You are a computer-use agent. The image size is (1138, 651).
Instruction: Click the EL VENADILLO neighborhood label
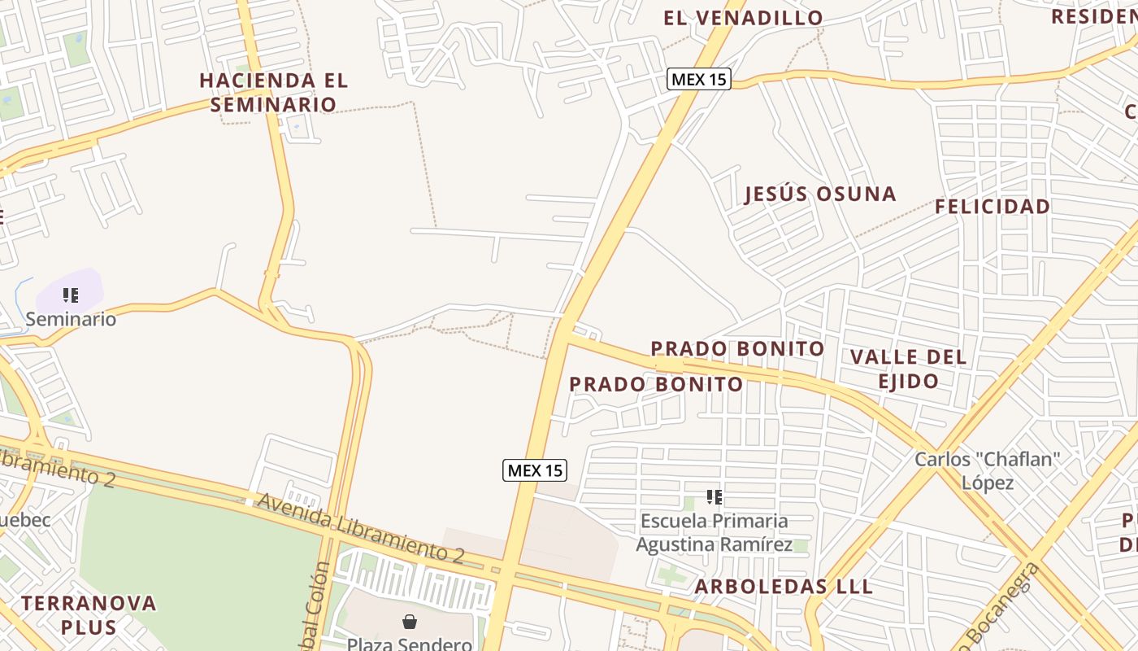pos(743,18)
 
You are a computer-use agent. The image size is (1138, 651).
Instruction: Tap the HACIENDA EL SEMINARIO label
pos(273,92)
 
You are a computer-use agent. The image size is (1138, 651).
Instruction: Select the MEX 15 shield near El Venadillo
pos(698,79)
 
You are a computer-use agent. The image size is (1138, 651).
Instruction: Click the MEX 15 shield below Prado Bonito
pos(534,470)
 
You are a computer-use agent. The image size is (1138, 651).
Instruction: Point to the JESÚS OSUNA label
pos(820,194)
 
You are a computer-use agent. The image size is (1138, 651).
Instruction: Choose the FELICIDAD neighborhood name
pos(992,207)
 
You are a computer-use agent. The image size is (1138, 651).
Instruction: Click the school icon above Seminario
pos(71,295)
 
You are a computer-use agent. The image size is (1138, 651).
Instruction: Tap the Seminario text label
pos(71,319)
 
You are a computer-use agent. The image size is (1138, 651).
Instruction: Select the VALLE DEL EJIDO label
pos(908,369)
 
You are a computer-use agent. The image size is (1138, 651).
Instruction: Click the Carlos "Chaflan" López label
pos(988,470)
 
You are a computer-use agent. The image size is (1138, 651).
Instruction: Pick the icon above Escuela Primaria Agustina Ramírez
pos(715,496)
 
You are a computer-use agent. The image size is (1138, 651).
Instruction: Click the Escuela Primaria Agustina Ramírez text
pos(714,532)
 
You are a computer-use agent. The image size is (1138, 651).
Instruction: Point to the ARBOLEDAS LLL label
pos(784,587)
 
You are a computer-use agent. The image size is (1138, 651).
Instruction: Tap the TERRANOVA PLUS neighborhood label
pos(89,614)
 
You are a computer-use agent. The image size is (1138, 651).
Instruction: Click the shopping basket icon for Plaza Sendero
pos(410,622)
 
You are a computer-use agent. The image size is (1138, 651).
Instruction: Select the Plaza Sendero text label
pos(409,644)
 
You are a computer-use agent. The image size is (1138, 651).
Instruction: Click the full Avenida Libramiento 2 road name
pos(360,528)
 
